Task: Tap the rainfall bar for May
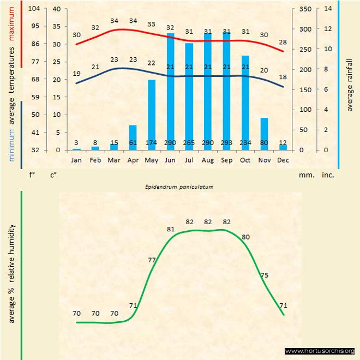[152, 115]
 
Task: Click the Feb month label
[95, 160]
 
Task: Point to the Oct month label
[245, 160]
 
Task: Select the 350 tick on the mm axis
[305, 9]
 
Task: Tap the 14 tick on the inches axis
[328, 9]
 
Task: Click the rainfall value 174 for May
[152, 143]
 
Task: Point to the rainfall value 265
[189, 143]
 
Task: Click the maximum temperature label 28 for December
[283, 42]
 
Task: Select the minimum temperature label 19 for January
[77, 74]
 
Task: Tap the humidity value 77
[152, 260]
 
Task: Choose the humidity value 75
[265, 275]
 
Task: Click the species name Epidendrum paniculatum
[179, 187]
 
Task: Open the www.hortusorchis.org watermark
[320, 351]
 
